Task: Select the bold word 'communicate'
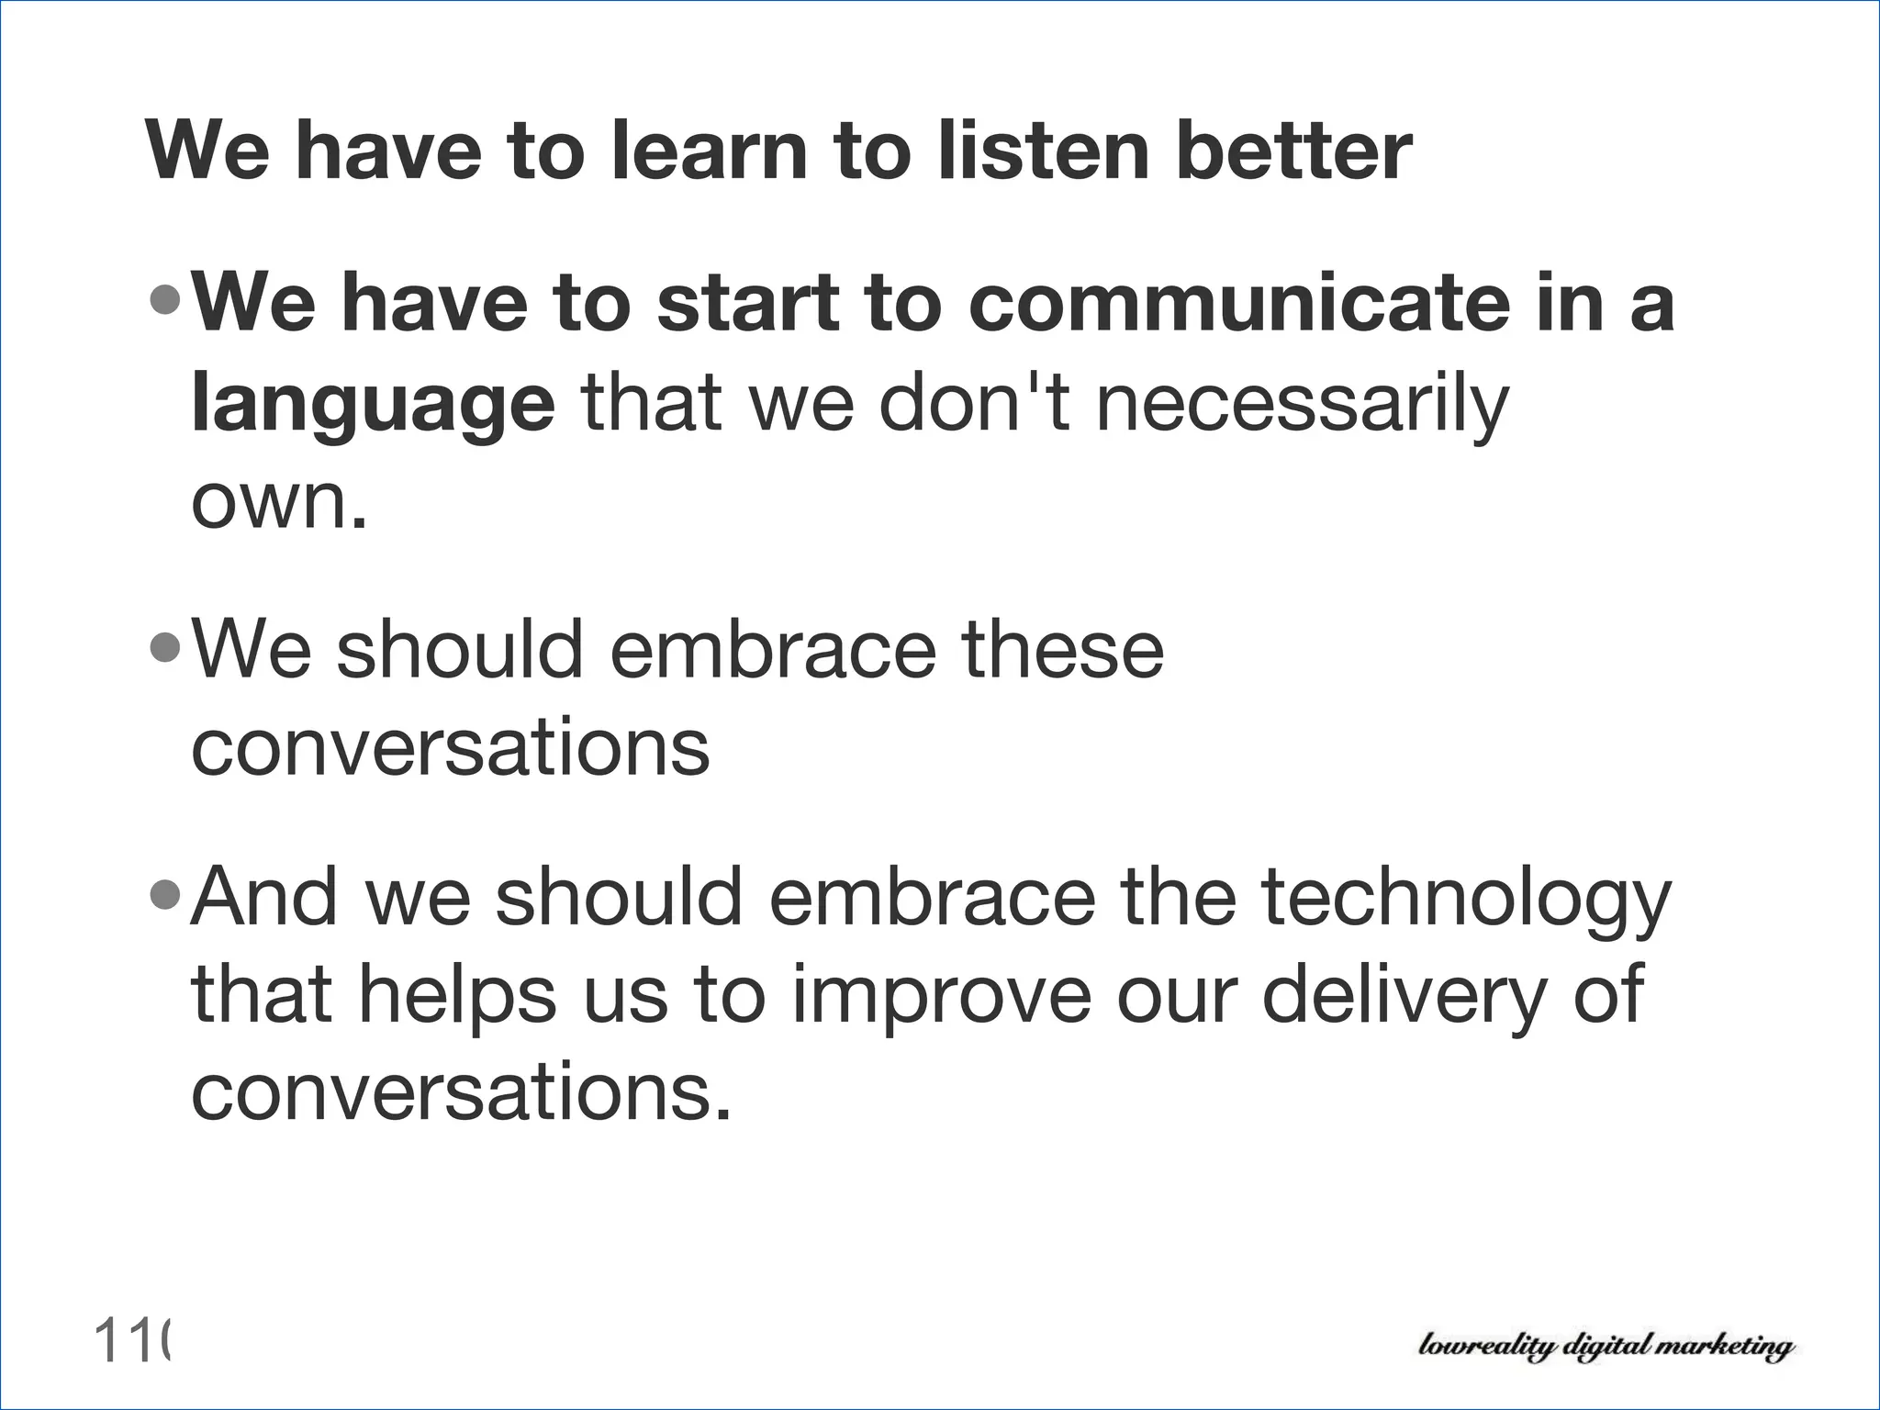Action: click(1239, 304)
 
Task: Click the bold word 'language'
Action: click(373, 404)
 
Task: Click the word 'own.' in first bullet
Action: click(279, 502)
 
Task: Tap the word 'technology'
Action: click(1466, 898)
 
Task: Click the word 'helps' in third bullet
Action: click(455, 996)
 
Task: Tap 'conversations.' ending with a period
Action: click(461, 1093)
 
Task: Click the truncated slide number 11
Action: click(131, 1341)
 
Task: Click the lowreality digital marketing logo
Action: click(1605, 1347)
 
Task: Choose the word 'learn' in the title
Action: click(707, 151)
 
